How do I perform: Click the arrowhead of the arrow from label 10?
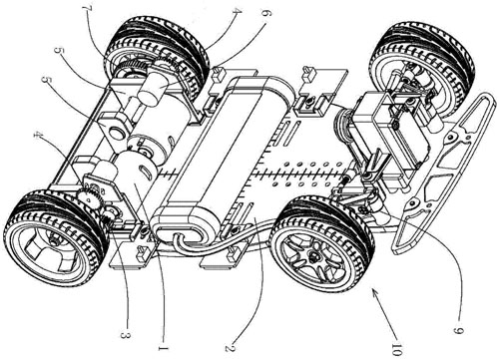click(x=374, y=292)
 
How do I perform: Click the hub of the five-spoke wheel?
click(x=313, y=257)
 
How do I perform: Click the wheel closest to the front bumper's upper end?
click(x=422, y=67)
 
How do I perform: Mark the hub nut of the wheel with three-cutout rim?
click(x=53, y=238)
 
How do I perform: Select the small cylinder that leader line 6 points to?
click(x=153, y=88)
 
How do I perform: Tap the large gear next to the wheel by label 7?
click(x=133, y=66)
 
